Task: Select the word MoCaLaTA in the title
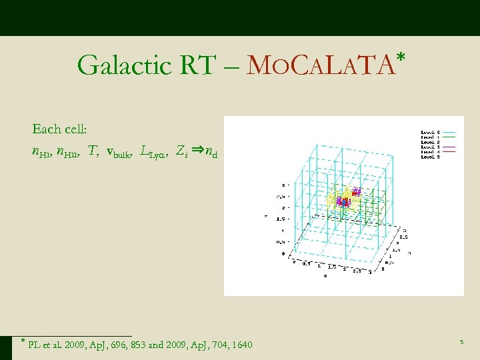point(319,65)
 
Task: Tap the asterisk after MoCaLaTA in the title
point(399,60)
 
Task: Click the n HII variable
point(66,153)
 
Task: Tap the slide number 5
point(461,342)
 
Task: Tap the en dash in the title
point(231,66)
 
